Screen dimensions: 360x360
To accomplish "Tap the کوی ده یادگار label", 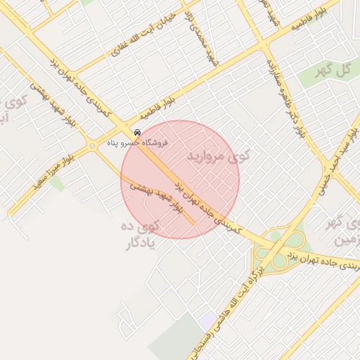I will [x=139, y=235].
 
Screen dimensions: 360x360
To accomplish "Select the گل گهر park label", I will [x=334, y=70].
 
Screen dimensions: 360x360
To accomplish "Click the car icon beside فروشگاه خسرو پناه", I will [x=136, y=132].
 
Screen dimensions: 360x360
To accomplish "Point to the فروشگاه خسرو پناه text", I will [x=138, y=143].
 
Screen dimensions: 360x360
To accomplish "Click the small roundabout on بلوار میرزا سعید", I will [x=92, y=146].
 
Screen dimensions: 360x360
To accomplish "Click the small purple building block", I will [x=207, y=322].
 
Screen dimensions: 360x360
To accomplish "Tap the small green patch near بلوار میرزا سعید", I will [x=57, y=184].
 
